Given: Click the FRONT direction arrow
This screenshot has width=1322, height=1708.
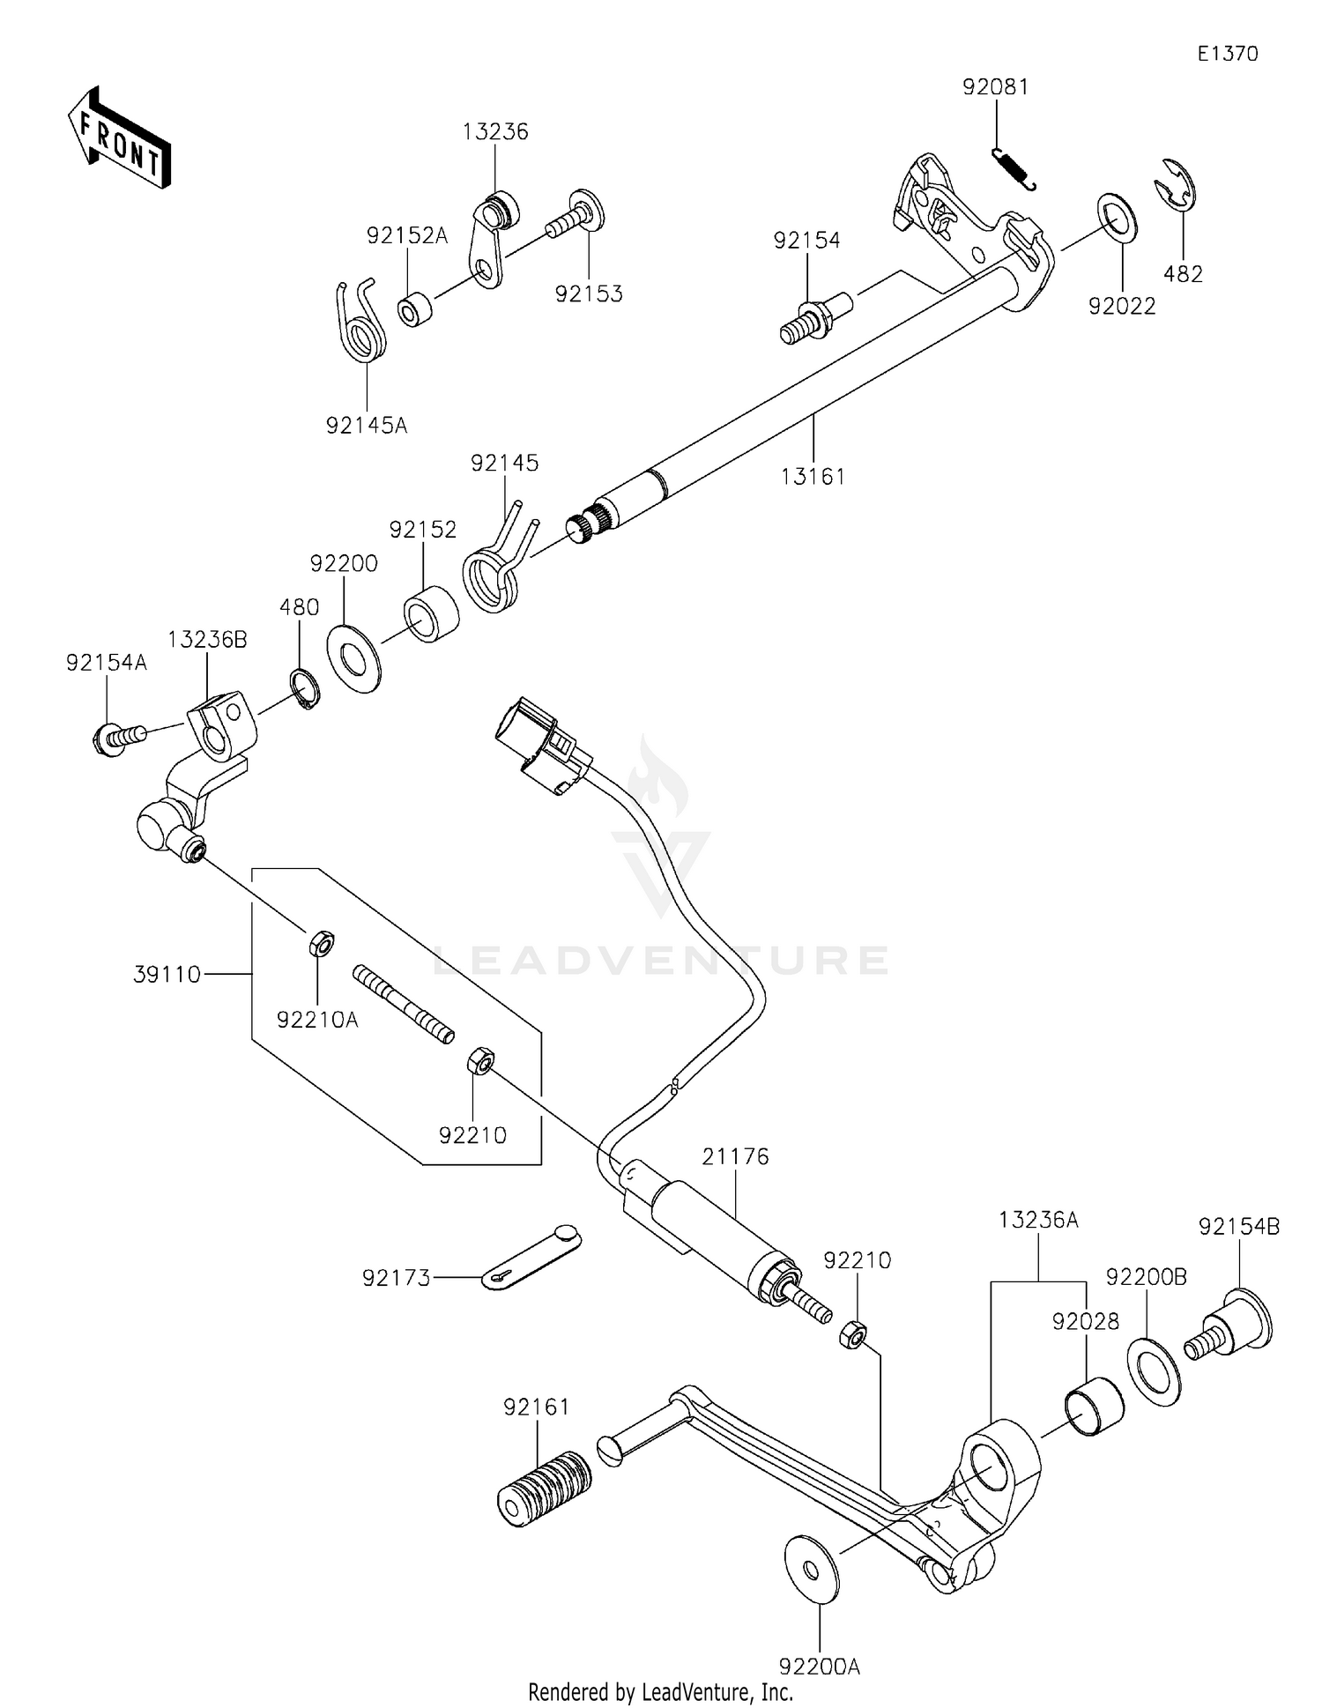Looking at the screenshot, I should click(119, 137).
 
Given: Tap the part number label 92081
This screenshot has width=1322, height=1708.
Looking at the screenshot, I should click(995, 87).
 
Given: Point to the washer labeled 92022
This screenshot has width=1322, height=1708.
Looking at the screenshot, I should click(1116, 218).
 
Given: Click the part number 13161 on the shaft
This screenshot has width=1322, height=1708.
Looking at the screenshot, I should click(813, 477).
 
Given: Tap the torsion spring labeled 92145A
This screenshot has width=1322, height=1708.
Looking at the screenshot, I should click(362, 327).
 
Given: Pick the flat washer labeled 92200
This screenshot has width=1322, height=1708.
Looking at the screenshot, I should click(353, 657).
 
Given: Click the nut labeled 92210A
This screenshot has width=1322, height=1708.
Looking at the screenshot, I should click(321, 944).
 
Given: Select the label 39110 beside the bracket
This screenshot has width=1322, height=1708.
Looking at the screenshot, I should click(167, 975).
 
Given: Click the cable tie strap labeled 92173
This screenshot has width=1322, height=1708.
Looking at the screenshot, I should click(531, 1257).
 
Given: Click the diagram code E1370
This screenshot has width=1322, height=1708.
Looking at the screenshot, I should click(1227, 54).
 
